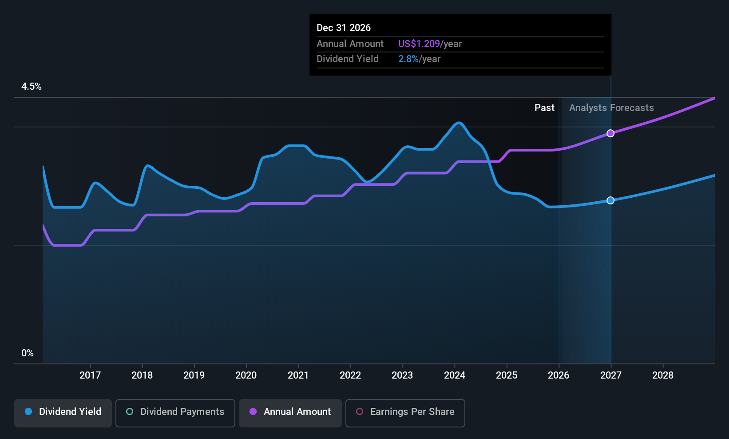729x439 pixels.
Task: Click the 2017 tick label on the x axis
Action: coord(90,375)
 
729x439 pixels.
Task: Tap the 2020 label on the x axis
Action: coord(246,375)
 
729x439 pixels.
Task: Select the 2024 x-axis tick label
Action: coord(455,375)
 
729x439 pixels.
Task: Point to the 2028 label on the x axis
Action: coord(663,375)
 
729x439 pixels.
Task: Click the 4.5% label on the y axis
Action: coord(32,87)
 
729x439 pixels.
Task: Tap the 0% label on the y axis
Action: coord(28,353)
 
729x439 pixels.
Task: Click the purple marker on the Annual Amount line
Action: coord(610,133)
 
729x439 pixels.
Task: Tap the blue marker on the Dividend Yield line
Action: coord(610,200)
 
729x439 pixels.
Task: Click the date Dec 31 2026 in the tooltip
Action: coord(344,28)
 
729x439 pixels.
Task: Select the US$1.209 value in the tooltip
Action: coord(419,44)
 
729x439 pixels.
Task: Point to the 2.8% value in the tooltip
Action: coord(408,59)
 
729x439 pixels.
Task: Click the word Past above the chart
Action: coord(544,108)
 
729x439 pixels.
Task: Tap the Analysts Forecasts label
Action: coord(611,108)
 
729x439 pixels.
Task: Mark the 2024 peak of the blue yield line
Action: coord(459,123)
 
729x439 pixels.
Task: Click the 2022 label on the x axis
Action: coord(350,375)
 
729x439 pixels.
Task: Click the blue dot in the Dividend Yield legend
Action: coord(29,411)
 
